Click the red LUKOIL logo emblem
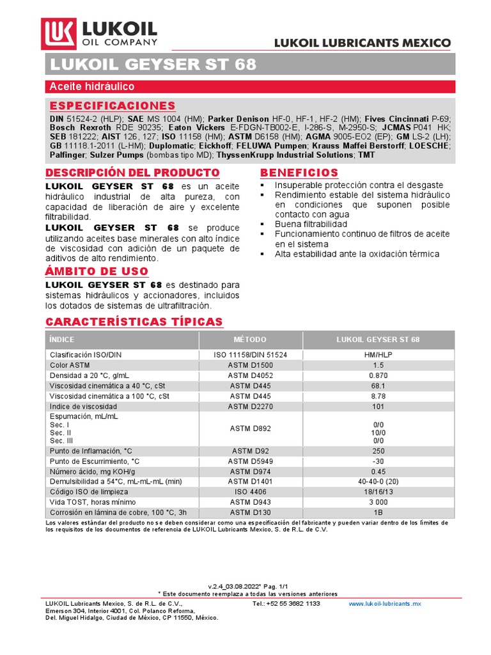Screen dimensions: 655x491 pyautogui.click(x=59, y=33)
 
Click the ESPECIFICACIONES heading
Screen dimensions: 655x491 pyautogui.click(x=112, y=106)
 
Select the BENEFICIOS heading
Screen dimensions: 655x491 pyautogui.click(x=299, y=173)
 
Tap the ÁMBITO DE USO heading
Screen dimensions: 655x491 pyautogui.click(x=97, y=271)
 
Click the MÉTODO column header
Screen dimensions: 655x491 pyautogui.click(x=250, y=340)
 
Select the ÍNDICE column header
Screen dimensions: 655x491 pyautogui.click(x=62, y=340)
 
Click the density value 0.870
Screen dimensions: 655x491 pyautogui.click(x=378, y=375)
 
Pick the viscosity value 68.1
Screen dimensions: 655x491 pyautogui.click(x=378, y=386)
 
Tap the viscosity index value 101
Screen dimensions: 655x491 pyautogui.click(x=378, y=406)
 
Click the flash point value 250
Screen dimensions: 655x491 pyautogui.click(x=378, y=451)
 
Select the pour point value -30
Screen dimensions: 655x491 pyautogui.click(x=378, y=461)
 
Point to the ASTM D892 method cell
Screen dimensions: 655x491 pyautogui.click(x=250, y=428)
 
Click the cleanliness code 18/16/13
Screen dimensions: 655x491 pyautogui.click(x=378, y=492)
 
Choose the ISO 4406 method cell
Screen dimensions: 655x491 pyautogui.click(x=250, y=492)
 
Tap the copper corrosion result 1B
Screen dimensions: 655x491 pyautogui.click(x=378, y=512)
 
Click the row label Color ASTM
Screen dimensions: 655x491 pyautogui.click(x=70, y=365)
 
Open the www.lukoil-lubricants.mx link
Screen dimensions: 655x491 pyautogui.click(x=385, y=604)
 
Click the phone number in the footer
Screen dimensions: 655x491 pyautogui.click(x=286, y=604)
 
